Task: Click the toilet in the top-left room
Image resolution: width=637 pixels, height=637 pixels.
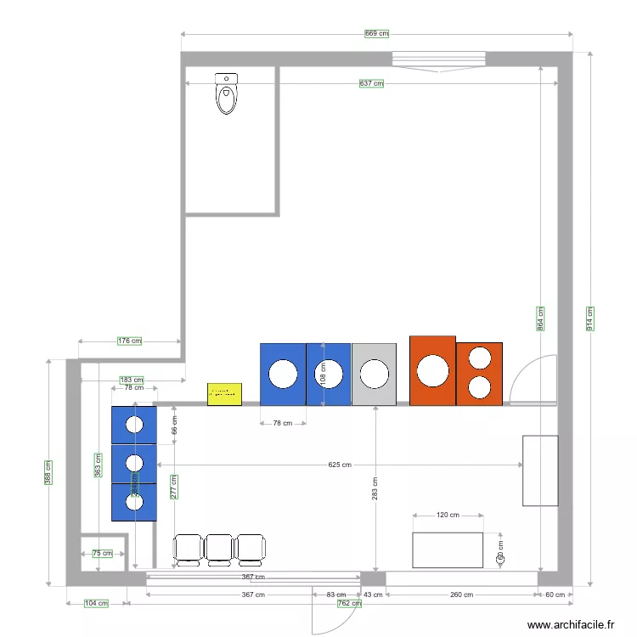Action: click(x=227, y=93)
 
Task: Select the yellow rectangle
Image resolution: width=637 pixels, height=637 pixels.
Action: click(x=224, y=393)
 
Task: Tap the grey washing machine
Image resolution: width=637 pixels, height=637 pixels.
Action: click(x=374, y=374)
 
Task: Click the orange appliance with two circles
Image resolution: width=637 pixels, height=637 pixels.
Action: click(x=479, y=373)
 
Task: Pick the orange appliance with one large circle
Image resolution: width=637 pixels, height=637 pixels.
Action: click(x=432, y=371)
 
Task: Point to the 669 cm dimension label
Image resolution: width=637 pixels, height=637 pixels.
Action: click(x=376, y=34)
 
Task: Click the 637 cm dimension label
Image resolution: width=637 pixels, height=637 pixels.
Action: click(x=371, y=83)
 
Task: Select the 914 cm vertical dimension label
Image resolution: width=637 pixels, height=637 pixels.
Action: click(x=590, y=318)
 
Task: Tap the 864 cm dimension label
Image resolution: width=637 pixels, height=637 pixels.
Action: click(x=541, y=318)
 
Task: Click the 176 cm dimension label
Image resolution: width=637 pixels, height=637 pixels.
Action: click(x=129, y=341)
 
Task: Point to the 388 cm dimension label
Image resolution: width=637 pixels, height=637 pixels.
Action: click(x=48, y=473)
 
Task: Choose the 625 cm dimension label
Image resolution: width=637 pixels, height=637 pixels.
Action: click(x=340, y=465)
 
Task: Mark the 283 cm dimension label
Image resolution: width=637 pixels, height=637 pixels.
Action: click(x=375, y=488)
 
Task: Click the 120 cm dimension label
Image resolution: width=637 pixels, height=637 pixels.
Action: click(x=448, y=515)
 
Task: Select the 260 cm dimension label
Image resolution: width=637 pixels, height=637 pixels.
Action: click(x=461, y=595)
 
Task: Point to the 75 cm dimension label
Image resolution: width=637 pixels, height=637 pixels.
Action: click(x=102, y=554)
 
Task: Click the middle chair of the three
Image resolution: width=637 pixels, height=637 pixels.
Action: click(x=219, y=549)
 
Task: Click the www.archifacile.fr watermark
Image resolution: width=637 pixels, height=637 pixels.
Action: click(x=571, y=624)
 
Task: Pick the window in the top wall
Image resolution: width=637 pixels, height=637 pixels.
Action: click(x=438, y=59)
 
